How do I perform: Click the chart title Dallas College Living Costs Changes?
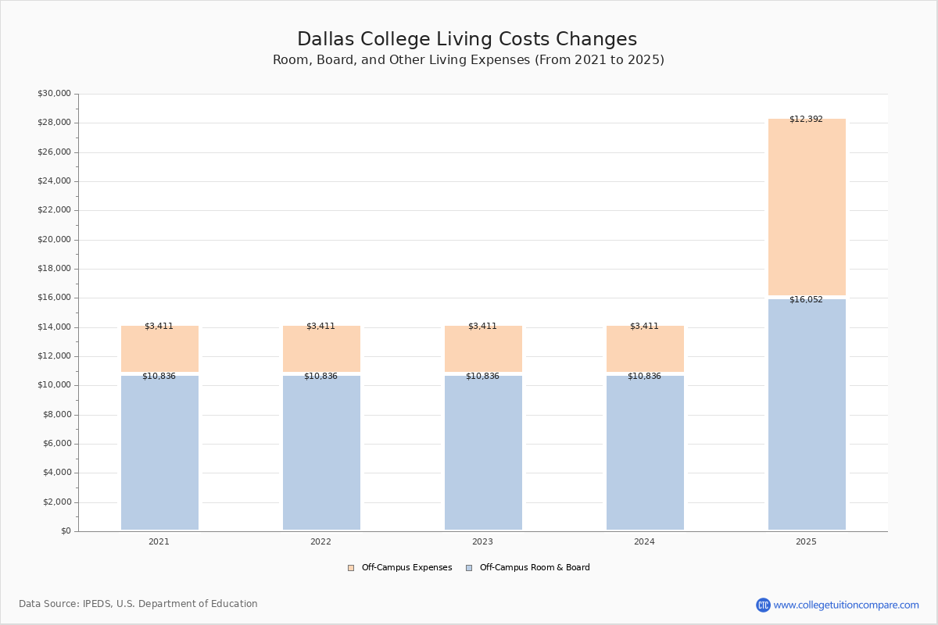coord(467,40)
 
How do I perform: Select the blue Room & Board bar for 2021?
coord(159,453)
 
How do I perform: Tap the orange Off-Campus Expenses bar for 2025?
coord(807,207)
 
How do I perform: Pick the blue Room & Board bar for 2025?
coord(807,414)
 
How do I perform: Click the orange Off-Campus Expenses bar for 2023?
coord(483,349)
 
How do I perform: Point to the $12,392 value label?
coord(806,120)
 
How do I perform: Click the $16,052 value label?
coord(806,300)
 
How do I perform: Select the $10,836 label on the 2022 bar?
coord(320,377)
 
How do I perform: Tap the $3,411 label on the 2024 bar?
coord(644,327)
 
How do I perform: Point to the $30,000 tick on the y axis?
coord(54,94)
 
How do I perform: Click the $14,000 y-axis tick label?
coord(54,327)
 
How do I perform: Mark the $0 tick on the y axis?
coord(66,531)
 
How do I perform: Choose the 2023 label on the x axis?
coord(482,542)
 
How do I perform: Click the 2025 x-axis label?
coord(806,542)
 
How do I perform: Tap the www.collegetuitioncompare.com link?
coord(846,605)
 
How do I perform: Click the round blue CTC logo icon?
coord(763,605)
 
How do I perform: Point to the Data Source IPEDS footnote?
coord(138,604)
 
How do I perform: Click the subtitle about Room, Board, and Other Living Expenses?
coord(468,60)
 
